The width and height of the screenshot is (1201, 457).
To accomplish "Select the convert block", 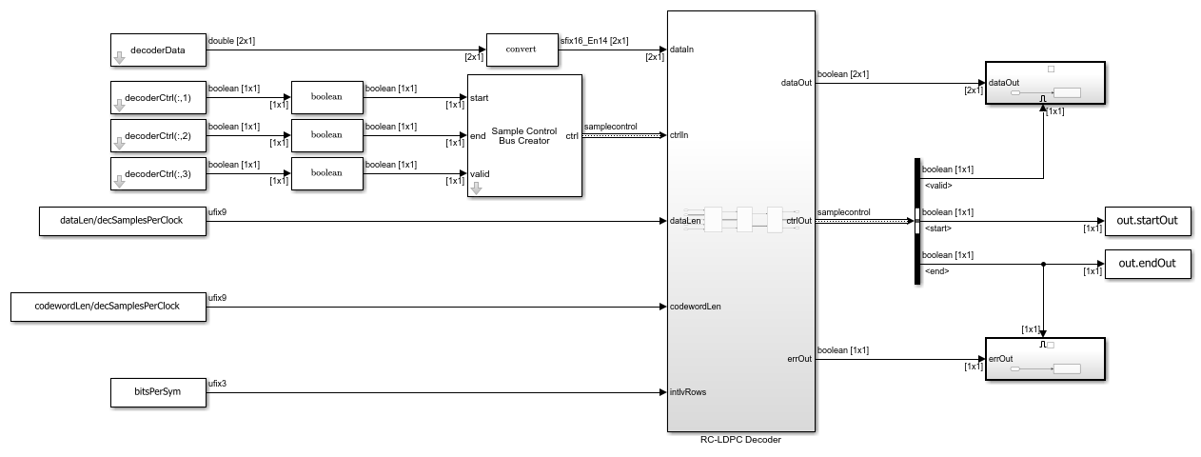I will pyautogui.click(x=521, y=50).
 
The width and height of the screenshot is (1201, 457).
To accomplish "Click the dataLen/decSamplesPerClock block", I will pyautogui.click(x=123, y=221).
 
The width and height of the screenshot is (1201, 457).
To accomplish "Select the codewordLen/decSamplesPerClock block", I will pyautogui.click(x=108, y=307).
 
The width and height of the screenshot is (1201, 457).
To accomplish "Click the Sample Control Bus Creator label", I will pyautogui.click(x=525, y=135).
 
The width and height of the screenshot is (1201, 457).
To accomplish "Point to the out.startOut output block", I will pyautogui.click(x=1148, y=221).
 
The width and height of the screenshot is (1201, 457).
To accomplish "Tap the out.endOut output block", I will pyautogui.click(x=1148, y=264).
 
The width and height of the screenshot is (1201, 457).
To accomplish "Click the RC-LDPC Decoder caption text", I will pyautogui.click(x=741, y=439).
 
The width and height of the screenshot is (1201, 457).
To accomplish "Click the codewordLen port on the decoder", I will pyautogui.click(x=696, y=307).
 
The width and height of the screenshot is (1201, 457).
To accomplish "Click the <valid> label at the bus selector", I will pyautogui.click(x=939, y=185).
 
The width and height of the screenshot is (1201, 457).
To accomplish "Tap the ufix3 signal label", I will pyautogui.click(x=217, y=384).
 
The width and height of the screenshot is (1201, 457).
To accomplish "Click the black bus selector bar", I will pyautogui.click(x=916, y=221).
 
